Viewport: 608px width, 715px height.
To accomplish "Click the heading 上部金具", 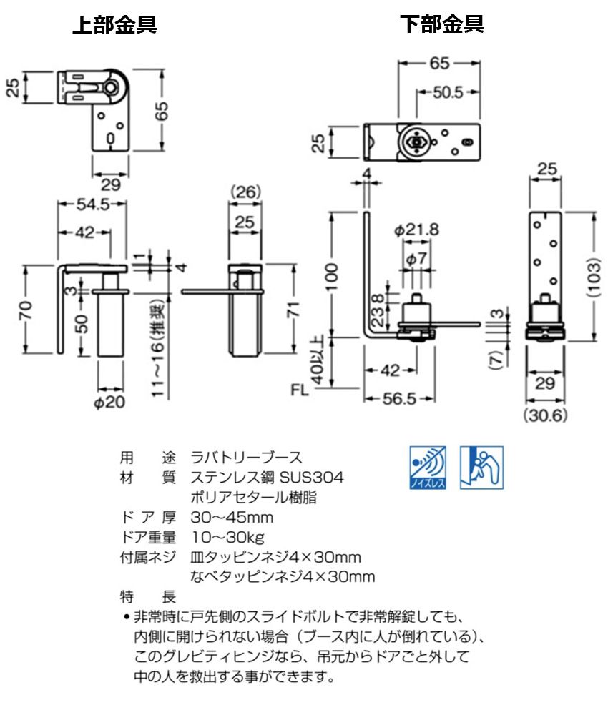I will pos(115,25).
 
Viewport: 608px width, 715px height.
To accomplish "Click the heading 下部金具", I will pos(442,25).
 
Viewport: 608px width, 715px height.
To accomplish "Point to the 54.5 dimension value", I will pos(93,204).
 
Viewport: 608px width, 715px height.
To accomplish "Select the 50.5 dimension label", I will pos(448,91).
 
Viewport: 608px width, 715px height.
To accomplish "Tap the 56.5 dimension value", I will pos(400,398).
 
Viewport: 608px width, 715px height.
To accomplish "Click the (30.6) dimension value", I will pos(544,415).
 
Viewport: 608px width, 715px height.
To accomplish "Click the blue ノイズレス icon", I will pos(428,468).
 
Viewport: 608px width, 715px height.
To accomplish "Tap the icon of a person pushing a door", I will pos(481,468).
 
